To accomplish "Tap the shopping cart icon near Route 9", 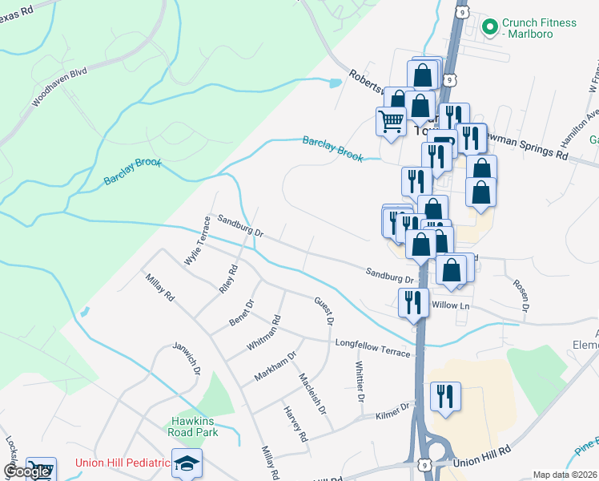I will (x=391, y=122).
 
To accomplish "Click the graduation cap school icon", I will (x=187, y=463).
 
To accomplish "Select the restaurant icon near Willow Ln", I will (x=413, y=302).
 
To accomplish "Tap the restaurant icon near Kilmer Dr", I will (x=446, y=396).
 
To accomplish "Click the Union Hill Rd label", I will (x=481, y=462).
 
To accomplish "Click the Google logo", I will (x=26, y=471).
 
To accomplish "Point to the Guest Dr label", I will (x=324, y=310).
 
